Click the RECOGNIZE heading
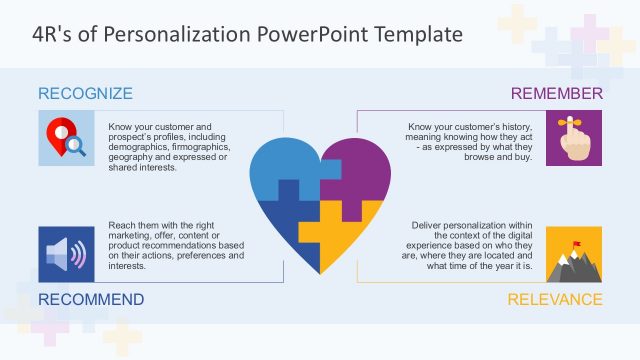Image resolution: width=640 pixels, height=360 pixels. click(85, 94)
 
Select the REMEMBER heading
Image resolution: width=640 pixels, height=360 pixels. click(556, 94)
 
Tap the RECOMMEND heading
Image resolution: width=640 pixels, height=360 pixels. click(90, 299)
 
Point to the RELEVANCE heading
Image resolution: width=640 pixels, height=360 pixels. click(555, 299)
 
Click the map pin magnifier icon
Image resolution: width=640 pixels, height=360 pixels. click(65, 138)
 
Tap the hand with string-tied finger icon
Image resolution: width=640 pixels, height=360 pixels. click(575, 138)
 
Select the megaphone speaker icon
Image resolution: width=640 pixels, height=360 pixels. click(65, 254)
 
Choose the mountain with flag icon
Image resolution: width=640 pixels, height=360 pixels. click(575, 254)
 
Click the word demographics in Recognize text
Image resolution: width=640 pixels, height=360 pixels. click(141, 147)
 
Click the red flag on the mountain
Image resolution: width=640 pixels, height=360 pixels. click(577, 242)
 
